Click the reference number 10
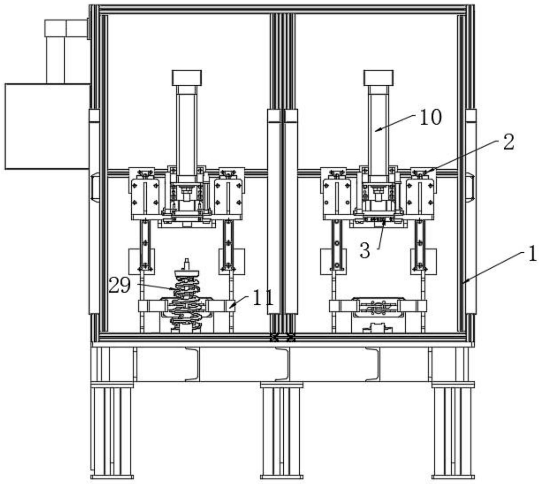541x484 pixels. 431,118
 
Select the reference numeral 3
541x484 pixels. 365,251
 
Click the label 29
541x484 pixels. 119,286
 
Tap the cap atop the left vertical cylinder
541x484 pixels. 186,78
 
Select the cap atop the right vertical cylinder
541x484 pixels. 378,78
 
